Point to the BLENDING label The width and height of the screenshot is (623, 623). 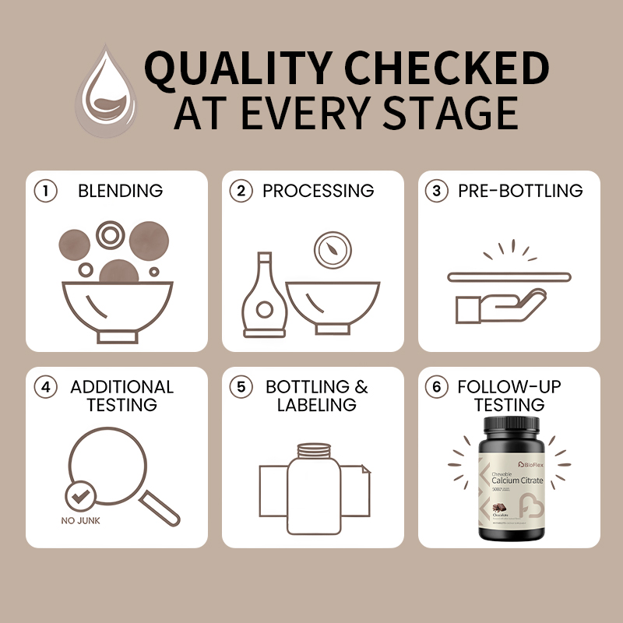pyautogui.click(x=120, y=191)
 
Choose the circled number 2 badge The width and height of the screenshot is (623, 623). pyautogui.click(x=243, y=192)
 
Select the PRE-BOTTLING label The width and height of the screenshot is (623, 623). pyautogui.click(x=520, y=191)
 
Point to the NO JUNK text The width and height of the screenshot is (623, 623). pyautogui.click(x=80, y=520)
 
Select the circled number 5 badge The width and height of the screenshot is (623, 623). pyautogui.click(x=243, y=387)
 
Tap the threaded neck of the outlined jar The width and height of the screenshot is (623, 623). pyautogui.click(x=313, y=450)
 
